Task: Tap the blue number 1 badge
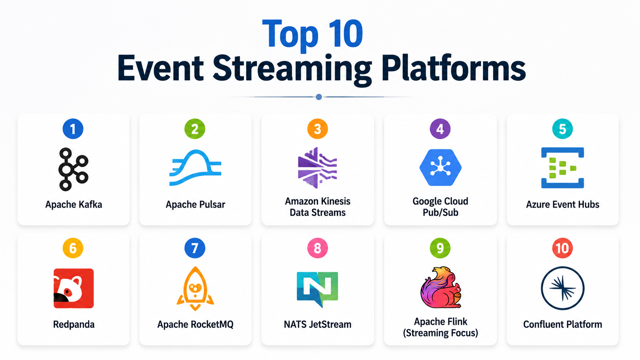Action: (x=73, y=129)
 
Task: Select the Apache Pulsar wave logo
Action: (x=195, y=168)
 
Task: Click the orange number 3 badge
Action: (x=317, y=129)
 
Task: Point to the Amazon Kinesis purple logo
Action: (x=317, y=168)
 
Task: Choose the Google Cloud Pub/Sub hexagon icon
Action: (x=440, y=168)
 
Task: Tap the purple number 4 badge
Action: (x=440, y=129)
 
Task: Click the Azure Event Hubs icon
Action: (x=562, y=168)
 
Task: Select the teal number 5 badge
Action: (x=562, y=129)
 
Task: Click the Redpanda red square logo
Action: (x=73, y=288)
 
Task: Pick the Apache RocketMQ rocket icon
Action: (x=195, y=288)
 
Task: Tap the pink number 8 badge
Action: (x=317, y=248)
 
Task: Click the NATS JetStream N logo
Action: (x=317, y=289)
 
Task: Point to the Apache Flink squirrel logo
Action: (x=440, y=287)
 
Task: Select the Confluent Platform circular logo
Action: (x=562, y=288)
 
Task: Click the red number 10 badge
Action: (x=562, y=248)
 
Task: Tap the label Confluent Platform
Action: (x=562, y=324)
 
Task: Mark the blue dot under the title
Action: (x=319, y=97)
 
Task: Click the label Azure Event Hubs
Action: (x=562, y=204)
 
